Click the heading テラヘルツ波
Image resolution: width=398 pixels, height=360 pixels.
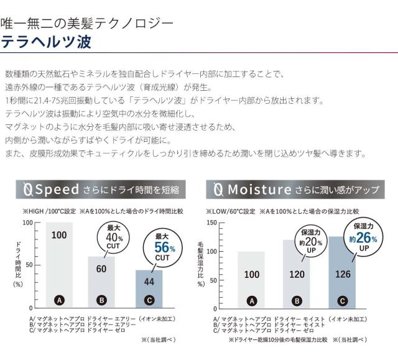pos(47,43)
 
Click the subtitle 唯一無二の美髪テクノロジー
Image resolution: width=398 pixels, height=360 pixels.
pos(88,24)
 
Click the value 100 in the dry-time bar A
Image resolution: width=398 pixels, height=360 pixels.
pos(59,235)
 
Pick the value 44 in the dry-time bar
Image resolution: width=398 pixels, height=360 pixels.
pos(149,281)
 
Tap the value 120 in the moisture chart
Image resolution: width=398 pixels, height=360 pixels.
pos(297,274)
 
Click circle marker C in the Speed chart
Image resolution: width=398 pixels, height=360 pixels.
pos(149,300)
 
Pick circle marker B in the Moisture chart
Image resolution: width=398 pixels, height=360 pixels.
pos(297,301)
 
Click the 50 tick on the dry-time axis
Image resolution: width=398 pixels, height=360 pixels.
pos(28,265)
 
